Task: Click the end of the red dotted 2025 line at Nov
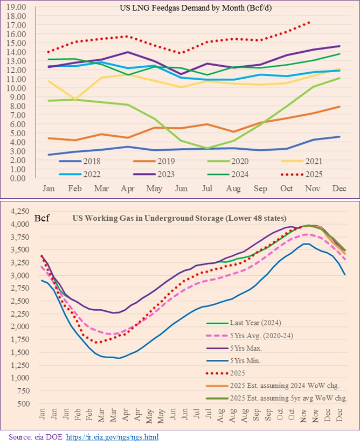(309, 22)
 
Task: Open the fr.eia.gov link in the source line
(112, 437)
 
